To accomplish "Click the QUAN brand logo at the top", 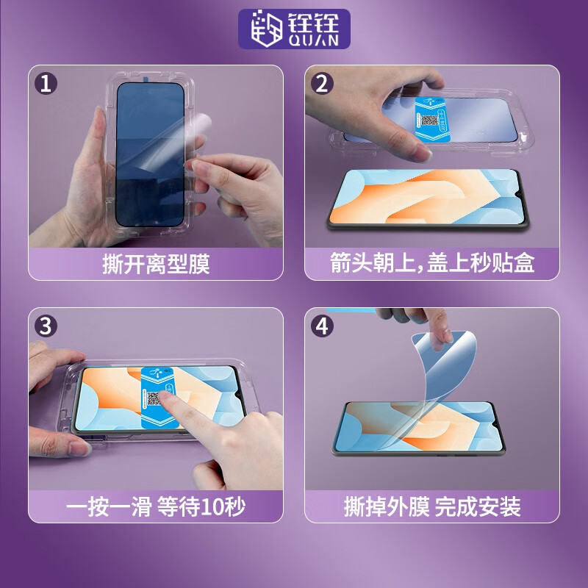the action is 295,29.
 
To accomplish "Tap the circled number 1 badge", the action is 46,83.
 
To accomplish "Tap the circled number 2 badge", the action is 322,83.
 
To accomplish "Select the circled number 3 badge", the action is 46,326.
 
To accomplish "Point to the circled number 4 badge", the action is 322,326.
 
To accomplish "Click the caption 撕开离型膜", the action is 156,264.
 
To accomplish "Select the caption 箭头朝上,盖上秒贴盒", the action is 432,262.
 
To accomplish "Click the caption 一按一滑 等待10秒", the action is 156,506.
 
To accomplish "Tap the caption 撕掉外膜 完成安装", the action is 432,506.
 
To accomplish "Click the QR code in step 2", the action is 430,121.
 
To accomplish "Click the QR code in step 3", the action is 154,398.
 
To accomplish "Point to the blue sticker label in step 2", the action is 432,119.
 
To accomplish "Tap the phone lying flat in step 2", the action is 429,199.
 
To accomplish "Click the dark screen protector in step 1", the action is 150,154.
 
